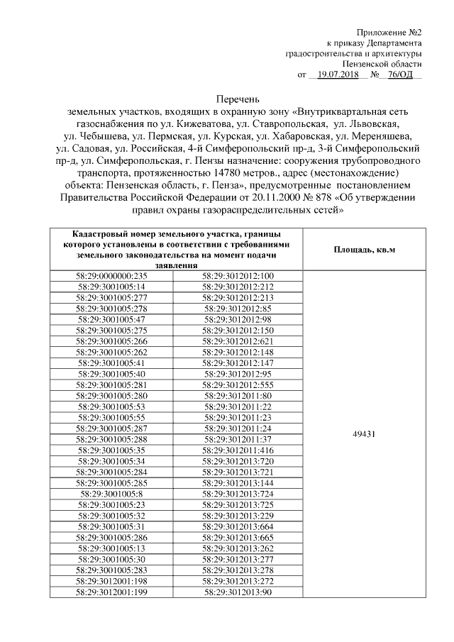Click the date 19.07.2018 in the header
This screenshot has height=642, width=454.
[338, 74]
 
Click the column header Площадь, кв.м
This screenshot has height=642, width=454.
[364, 250]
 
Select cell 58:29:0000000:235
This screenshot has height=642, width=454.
[111, 276]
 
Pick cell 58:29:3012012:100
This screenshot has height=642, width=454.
[238, 276]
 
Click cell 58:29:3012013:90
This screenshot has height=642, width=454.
[238, 592]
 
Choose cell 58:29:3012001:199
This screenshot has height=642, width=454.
[111, 592]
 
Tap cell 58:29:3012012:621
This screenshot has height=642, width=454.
[238, 341]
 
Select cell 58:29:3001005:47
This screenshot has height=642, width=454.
[111, 319]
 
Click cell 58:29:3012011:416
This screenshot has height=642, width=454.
[238, 449]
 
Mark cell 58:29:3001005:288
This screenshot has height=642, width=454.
[111, 438]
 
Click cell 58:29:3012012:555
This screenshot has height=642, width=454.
[238, 384]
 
